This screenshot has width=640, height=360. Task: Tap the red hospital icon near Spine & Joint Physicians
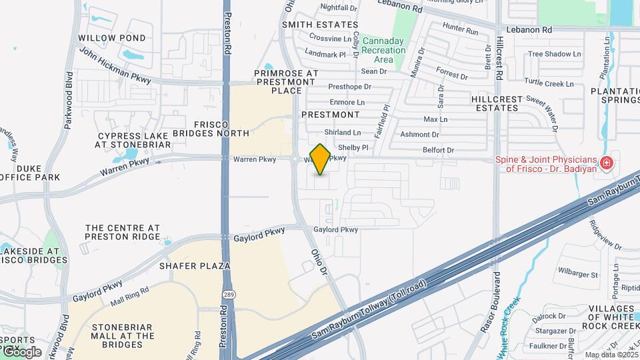607,163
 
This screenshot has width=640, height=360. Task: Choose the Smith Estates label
320,25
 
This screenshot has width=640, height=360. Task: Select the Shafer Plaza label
195,266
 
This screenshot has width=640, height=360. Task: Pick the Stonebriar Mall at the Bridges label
123,336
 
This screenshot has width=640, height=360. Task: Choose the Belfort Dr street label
438,151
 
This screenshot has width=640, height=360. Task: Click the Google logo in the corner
21,351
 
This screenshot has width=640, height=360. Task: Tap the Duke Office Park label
30,173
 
